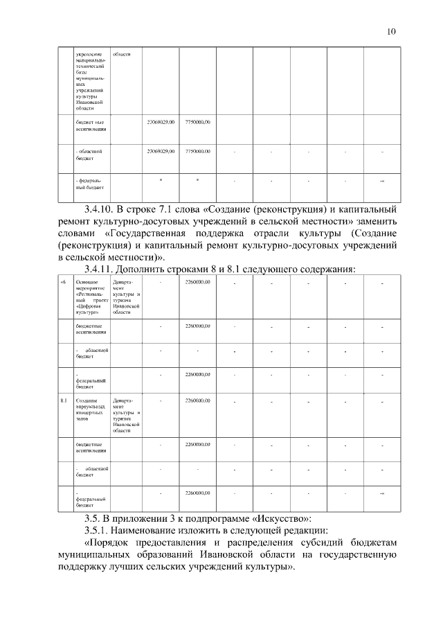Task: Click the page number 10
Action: coord(392,31)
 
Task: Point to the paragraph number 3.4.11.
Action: coord(100,270)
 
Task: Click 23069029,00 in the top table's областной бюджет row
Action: coord(161,151)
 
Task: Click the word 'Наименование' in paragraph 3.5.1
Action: coord(154,530)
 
